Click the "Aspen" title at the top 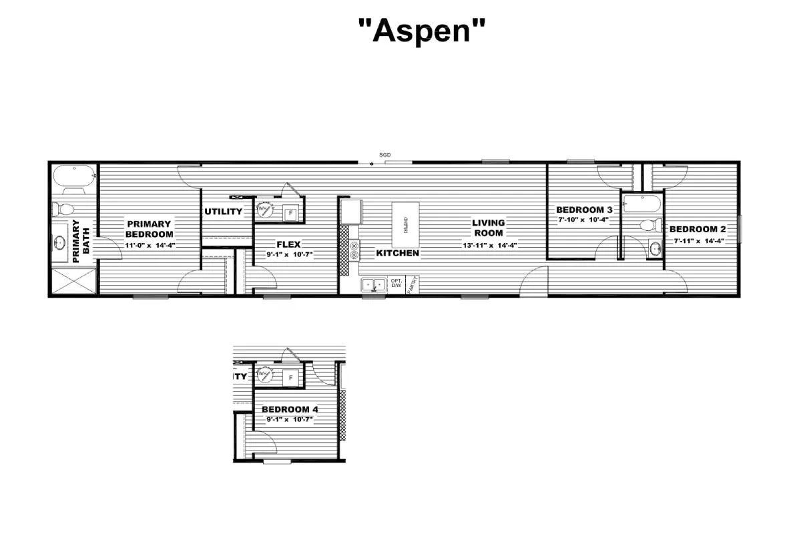pos(422,31)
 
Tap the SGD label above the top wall pos(385,155)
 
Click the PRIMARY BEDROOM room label pos(149,229)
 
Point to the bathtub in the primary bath pos(74,177)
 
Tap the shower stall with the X pos(74,280)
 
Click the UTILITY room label pos(224,212)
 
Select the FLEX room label pos(288,244)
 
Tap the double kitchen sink pos(374,286)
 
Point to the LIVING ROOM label pos(489,228)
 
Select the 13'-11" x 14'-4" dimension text pos(489,245)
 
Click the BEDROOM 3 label pos(584,210)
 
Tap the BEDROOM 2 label pos(698,229)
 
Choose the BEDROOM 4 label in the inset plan pos(285,409)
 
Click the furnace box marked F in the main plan pos(290,214)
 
